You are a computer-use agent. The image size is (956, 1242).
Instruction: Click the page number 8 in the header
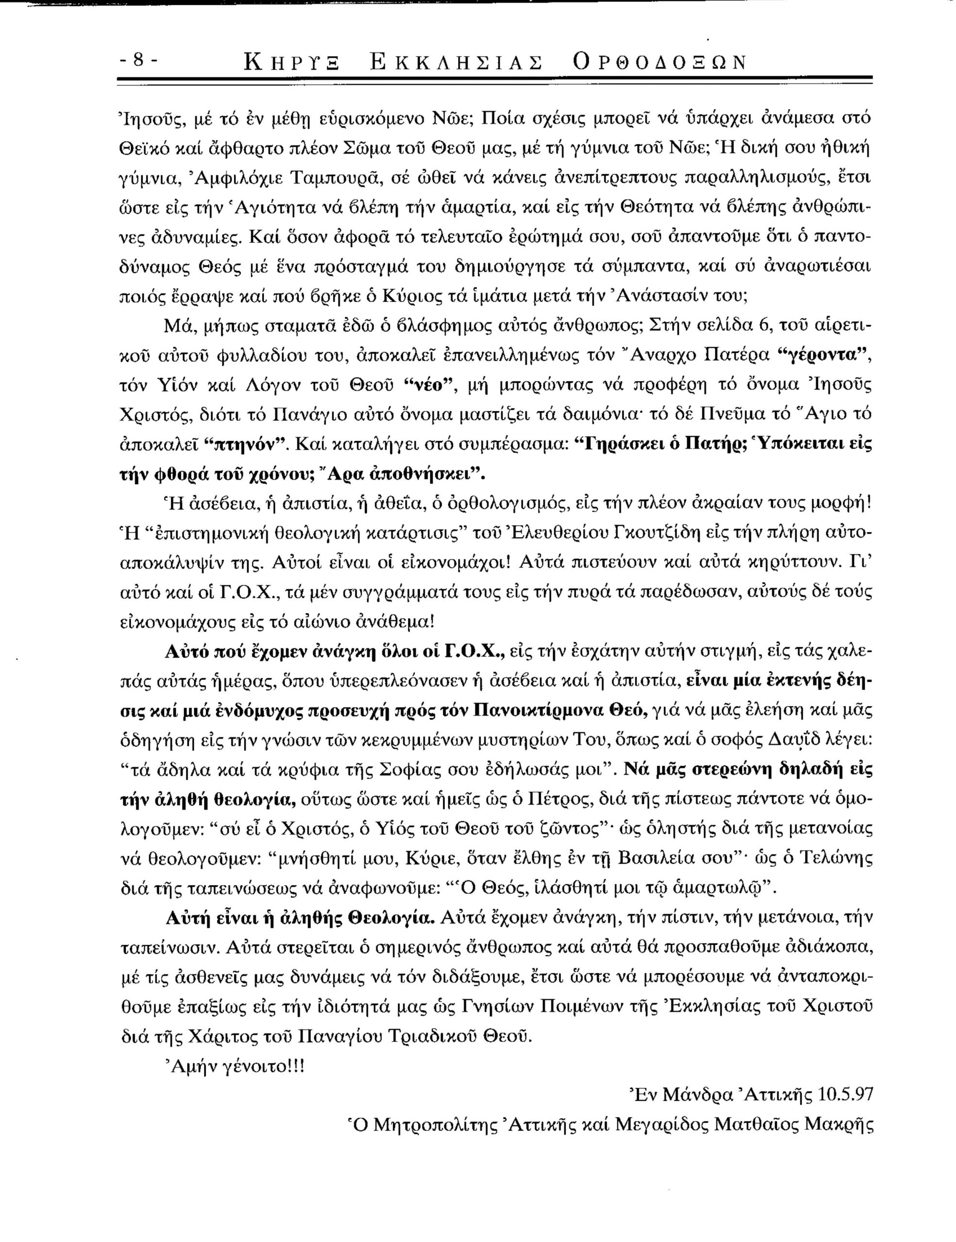(138, 60)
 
